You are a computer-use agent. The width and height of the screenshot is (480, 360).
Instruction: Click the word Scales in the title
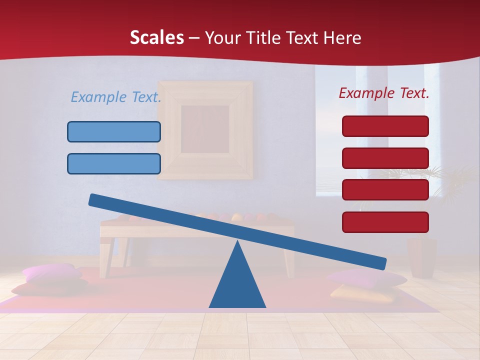[x=156, y=37]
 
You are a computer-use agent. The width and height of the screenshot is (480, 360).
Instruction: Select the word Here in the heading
[x=343, y=37]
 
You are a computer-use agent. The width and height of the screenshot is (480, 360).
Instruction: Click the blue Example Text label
[x=115, y=97]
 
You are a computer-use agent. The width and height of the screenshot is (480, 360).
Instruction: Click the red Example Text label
[x=384, y=93]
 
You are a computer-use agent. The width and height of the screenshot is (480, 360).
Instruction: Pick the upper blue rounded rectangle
[x=114, y=132]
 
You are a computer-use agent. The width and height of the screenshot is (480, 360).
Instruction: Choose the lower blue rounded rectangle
[x=114, y=163]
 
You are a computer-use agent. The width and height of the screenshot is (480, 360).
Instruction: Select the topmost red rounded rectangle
[x=385, y=126]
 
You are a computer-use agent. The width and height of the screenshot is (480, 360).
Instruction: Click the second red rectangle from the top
[x=385, y=158]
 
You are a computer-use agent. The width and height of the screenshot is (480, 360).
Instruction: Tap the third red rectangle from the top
[x=385, y=190]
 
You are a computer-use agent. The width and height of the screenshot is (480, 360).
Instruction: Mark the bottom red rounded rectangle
[x=385, y=222]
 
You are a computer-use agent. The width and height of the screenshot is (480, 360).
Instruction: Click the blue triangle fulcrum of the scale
[x=237, y=285]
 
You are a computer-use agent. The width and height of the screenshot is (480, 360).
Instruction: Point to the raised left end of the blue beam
[x=95, y=200]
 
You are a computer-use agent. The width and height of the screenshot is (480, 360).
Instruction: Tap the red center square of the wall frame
[x=205, y=129]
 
